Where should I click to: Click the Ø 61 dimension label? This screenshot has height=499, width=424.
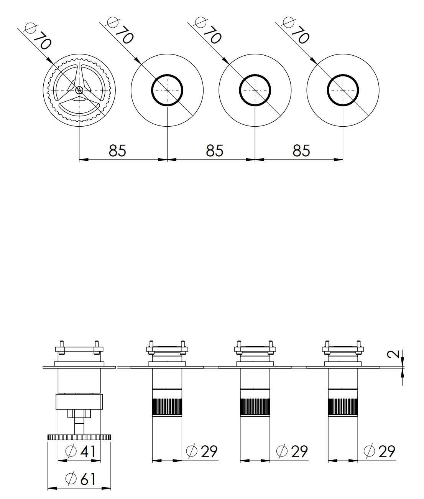pyautogui.click(x=81, y=479)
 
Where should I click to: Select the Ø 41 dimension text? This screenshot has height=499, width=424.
pyautogui.click(x=81, y=451)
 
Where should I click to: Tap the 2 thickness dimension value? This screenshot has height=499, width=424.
pyautogui.click(x=393, y=354)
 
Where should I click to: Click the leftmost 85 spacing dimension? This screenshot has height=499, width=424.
pyautogui.click(x=117, y=150)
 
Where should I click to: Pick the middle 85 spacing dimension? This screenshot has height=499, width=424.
pyautogui.click(x=215, y=150)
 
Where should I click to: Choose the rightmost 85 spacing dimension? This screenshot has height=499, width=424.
pyautogui.click(x=301, y=150)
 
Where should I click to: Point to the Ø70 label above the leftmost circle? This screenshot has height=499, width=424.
pyautogui.click(x=38, y=36)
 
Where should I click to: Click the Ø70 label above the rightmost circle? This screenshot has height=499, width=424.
pyautogui.click(x=296, y=31)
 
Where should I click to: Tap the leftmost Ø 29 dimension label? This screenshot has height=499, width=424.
pyautogui.click(x=202, y=451)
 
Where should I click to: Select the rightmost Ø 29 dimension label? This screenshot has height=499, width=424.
pyautogui.click(x=380, y=451)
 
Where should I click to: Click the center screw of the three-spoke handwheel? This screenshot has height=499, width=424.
pyautogui.click(x=79, y=90)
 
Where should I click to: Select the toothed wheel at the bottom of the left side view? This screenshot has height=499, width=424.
pyautogui.click(x=79, y=437)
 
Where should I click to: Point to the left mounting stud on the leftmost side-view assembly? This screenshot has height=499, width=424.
pyautogui.click(x=62, y=347)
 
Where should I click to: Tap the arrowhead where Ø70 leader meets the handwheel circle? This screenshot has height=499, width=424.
pyautogui.click(x=50, y=61)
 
